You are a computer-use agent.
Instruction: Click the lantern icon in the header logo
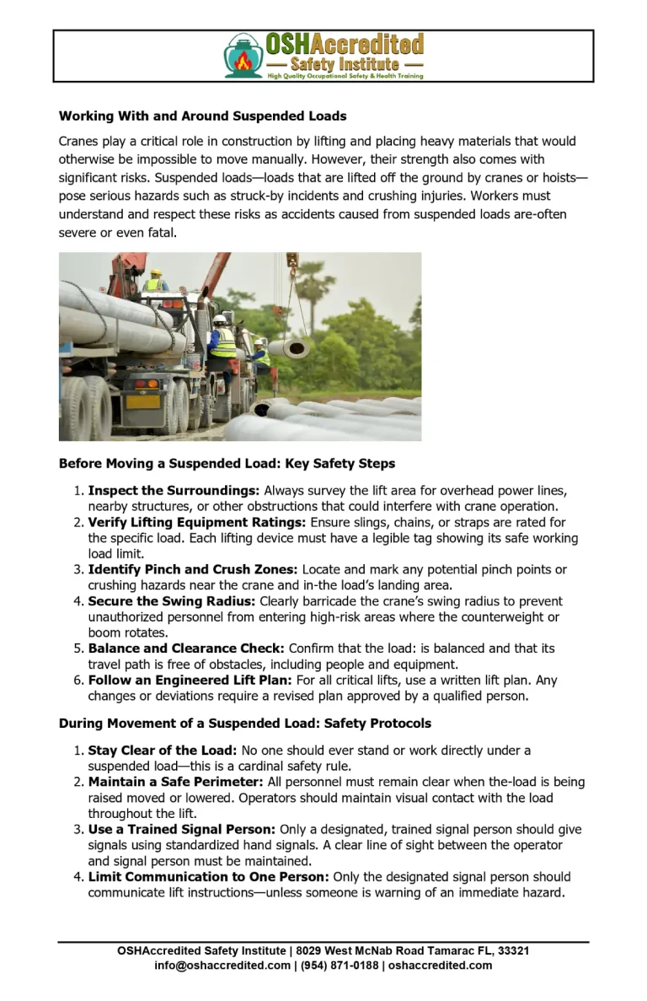(243, 57)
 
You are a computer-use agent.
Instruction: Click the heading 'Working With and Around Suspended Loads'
(202, 116)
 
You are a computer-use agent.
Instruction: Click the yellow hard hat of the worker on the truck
(155, 273)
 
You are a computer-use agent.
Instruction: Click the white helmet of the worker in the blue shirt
(259, 342)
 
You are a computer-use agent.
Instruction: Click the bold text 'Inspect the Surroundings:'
(174, 491)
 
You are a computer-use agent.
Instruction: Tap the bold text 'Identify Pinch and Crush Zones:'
(193, 570)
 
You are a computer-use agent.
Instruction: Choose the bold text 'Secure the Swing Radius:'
(172, 602)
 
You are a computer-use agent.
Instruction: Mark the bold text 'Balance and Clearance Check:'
(186, 649)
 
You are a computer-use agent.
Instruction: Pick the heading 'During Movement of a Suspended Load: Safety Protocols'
(244, 724)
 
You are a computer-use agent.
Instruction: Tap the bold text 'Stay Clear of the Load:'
(163, 751)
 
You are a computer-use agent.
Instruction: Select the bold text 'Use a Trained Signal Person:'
(182, 830)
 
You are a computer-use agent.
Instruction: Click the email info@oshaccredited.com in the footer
(222, 966)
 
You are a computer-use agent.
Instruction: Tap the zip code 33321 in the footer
(513, 951)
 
